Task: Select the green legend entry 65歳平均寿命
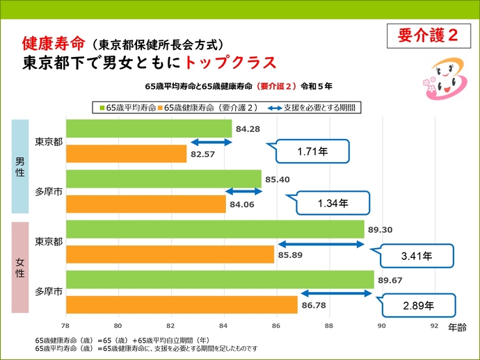[x=127, y=108]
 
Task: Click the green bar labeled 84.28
[x=148, y=129]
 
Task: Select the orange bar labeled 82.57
[x=126, y=153]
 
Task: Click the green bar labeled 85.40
[x=163, y=179]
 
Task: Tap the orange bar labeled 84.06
[x=145, y=204]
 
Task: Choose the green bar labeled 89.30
[x=214, y=229]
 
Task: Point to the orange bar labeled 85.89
[x=170, y=254]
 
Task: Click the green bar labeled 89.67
[x=219, y=279]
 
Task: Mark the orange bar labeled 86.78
[x=181, y=304]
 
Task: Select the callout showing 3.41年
[x=417, y=256]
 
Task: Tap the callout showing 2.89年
[x=417, y=305]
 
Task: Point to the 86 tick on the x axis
[x=276, y=325]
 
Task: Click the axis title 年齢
[x=458, y=325]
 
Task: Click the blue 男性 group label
[x=20, y=166]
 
